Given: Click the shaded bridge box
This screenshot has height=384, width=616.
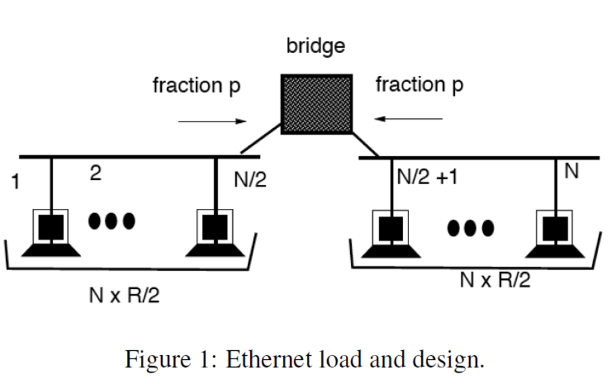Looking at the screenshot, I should [316, 104].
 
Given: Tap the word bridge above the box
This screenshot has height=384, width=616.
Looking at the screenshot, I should [316, 46].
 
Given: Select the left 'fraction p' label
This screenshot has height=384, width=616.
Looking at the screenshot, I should [196, 85].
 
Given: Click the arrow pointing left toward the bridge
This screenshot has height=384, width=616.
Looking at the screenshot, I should [408, 119].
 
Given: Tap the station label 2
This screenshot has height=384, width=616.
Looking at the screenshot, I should [95, 174].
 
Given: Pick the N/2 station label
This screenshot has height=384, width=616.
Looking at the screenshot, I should [250, 180].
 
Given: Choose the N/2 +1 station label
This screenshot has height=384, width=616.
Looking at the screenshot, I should [427, 178].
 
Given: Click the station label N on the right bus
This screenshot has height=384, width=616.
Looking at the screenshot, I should [571, 172].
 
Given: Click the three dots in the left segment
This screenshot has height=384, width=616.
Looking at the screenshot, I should [112, 221].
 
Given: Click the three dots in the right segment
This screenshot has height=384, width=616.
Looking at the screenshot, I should [471, 227].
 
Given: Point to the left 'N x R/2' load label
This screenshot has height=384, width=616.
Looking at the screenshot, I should [125, 296].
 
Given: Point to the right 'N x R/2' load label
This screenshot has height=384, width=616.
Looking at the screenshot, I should [495, 280].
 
